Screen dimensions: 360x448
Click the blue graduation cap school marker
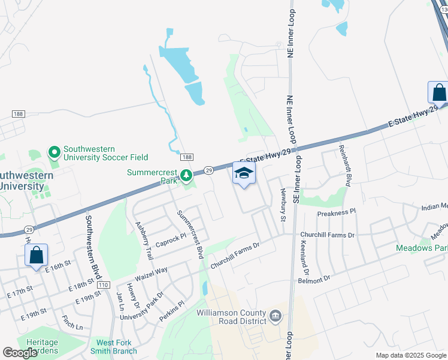tap(244, 174)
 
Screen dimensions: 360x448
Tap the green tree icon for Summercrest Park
tap(187, 175)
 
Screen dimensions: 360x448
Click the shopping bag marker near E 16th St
tap(37, 255)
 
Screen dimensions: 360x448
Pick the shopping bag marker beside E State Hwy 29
tap(438, 93)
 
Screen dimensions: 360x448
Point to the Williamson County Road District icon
tap(276, 316)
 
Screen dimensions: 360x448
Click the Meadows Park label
tap(422, 248)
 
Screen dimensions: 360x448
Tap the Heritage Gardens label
tap(41, 346)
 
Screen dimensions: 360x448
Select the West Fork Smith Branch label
tap(114, 346)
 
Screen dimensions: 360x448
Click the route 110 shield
tap(104, 284)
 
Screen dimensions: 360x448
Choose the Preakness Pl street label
tap(337, 212)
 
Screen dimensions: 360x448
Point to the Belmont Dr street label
tap(314, 279)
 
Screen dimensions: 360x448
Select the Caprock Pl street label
tap(171, 239)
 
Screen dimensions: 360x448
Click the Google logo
tap(20, 353)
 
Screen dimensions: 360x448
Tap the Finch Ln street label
tap(72, 324)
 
